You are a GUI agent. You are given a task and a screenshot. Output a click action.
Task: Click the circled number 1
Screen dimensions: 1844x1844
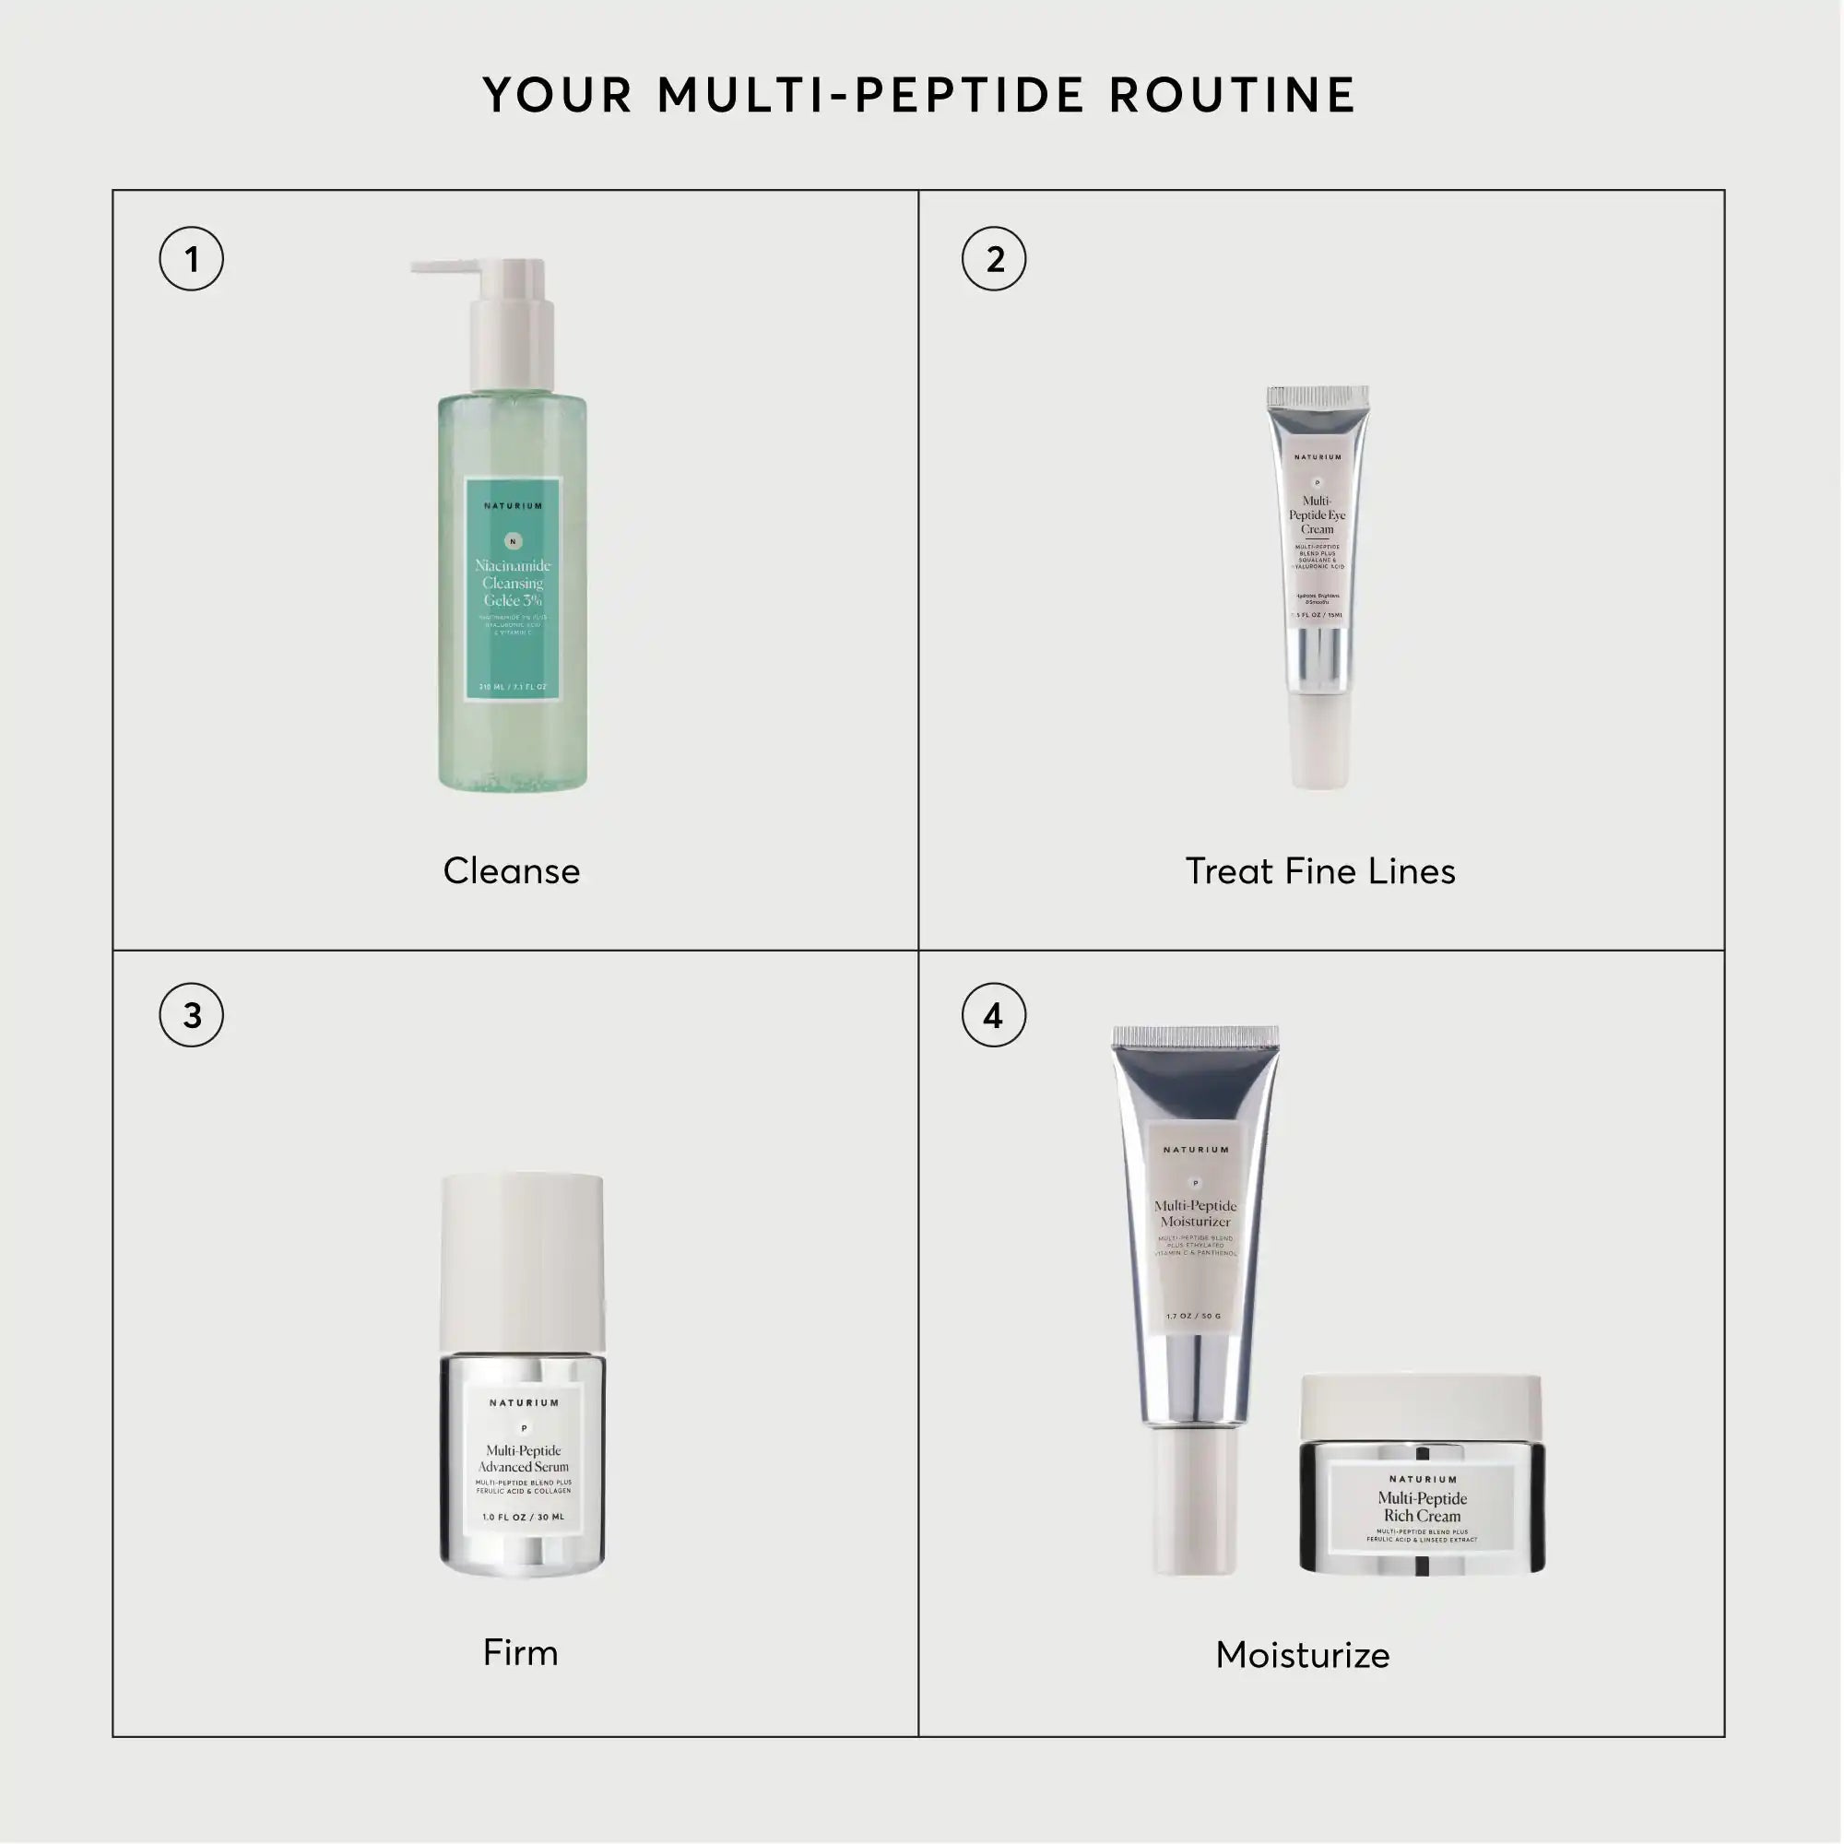tap(191, 259)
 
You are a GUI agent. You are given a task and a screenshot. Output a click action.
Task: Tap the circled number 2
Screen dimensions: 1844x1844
tap(994, 259)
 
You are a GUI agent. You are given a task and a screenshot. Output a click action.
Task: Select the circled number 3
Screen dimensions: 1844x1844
tap(191, 1014)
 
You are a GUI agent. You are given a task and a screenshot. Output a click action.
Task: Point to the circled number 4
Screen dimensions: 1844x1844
tap(994, 1014)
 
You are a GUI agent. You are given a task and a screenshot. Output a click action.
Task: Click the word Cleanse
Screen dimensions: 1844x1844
tap(512, 871)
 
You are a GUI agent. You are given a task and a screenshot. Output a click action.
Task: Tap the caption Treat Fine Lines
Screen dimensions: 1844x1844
tap(1320, 871)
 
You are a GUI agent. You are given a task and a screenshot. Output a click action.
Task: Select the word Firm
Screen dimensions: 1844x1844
tap(520, 1653)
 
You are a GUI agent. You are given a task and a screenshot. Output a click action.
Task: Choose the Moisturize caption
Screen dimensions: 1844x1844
tap(1303, 1655)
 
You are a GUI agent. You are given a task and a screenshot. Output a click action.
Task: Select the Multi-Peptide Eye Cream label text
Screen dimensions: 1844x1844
tap(1318, 515)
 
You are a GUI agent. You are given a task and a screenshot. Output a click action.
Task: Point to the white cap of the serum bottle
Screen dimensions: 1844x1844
tap(522, 1259)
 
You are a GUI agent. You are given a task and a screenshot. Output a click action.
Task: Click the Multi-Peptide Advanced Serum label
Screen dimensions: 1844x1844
tap(523, 1460)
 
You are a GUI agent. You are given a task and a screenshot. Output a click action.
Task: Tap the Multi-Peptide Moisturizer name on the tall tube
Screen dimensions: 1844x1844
tap(1195, 1214)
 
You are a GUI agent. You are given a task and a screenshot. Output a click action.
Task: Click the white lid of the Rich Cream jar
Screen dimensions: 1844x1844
tap(1421, 1403)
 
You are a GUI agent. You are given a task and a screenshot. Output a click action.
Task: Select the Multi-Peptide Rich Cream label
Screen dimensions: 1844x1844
tap(1422, 1508)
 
